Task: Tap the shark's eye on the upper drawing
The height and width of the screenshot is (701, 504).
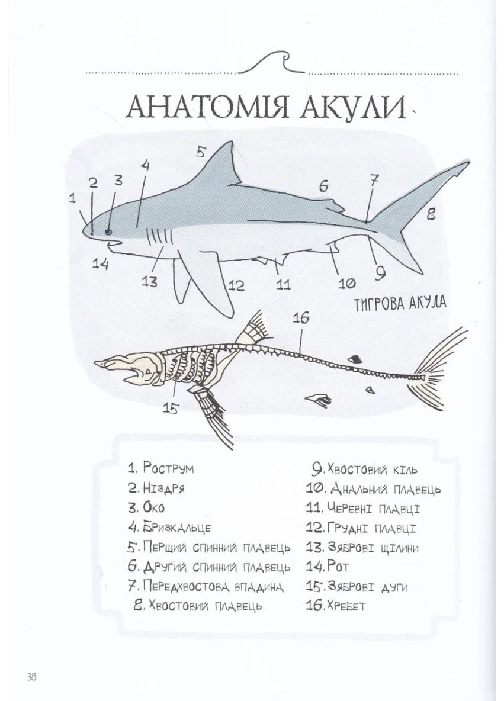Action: coord(108,231)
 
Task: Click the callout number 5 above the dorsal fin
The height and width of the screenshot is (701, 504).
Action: coord(200,152)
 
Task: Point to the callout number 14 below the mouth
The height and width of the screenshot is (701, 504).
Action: coord(101,264)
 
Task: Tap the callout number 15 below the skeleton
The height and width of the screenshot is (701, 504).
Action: coord(171,408)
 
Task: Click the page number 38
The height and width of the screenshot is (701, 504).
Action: coord(31,676)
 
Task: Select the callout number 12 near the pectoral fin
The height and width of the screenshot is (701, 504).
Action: coord(236,286)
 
